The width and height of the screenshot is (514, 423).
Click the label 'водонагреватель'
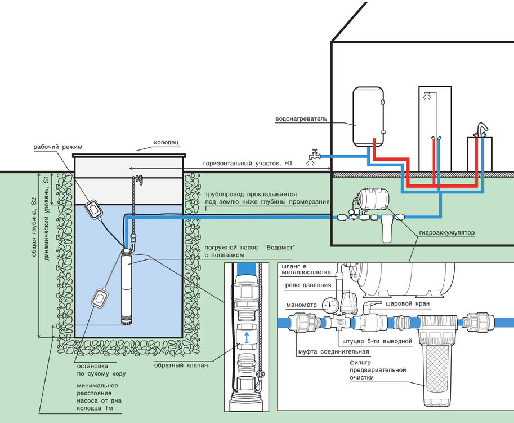pyautogui.click(x=301, y=119)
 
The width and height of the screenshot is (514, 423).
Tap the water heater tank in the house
pyautogui.click(x=368, y=116)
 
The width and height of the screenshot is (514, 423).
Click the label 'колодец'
pyautogui.click(x=167, y=143)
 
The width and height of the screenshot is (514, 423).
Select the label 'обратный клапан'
pyautogui.click(x=181, y=365)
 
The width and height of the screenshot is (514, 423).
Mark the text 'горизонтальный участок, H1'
pyautogui.click(x=249, y=163)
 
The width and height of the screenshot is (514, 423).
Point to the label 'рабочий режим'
pyautogui.click(x=54, y=147)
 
